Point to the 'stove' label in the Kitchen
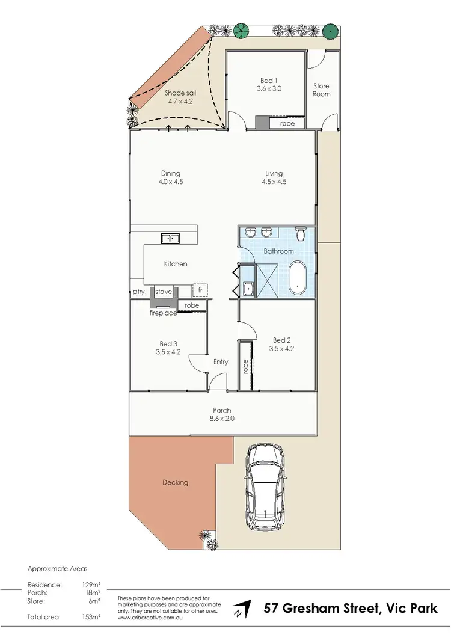tap(164, 292)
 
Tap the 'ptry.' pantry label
tap(140, 292)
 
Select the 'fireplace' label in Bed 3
tap(163, 313)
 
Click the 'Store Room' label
tap(321, 90)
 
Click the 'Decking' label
tap(175, 482)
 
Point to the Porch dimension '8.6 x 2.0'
tap(222, 419)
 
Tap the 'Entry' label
tap(221, 361)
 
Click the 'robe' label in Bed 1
tap(287, 123)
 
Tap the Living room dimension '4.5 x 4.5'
tap(272, 182)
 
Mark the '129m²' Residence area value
tap(91, 584)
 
